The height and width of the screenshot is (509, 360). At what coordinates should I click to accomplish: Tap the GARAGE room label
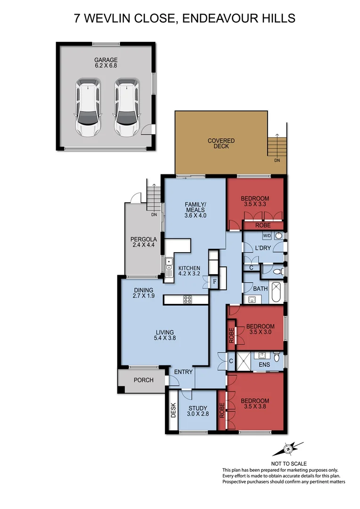[106, 60]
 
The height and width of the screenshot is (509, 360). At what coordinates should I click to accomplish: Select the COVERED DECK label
[221, 143]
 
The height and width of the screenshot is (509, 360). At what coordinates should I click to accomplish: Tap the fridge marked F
[214, 282]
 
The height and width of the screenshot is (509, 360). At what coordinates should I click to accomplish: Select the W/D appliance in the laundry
[266, 235]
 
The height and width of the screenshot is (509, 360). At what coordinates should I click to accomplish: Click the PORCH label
[143, 380]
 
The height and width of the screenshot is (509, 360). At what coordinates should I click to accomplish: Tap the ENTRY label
[183, 372]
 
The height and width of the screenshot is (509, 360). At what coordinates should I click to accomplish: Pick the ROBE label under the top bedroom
[263, 225]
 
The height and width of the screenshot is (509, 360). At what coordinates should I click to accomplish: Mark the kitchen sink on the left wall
[168, 267]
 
